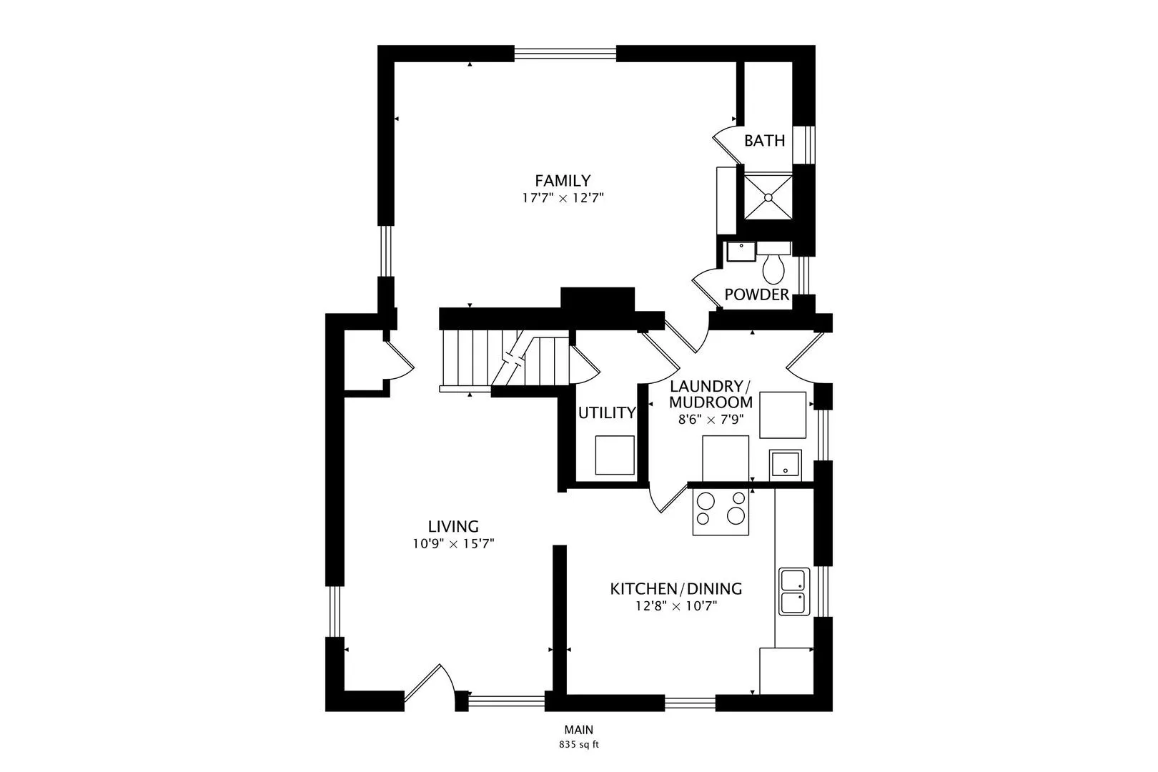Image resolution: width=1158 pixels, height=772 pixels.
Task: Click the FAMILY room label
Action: [x=563, y=181]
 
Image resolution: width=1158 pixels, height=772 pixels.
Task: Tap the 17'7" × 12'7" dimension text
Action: [x=563, y=198]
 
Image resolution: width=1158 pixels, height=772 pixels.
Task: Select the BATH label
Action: [x=764, y=141]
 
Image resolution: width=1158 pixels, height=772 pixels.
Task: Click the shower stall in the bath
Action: [x=768, y=196]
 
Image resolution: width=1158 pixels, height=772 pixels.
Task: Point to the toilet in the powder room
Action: [x=773, y=267]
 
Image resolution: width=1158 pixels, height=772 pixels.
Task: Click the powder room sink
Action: [x=741, y=252]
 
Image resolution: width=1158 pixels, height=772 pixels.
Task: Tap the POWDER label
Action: [x=756, y=295]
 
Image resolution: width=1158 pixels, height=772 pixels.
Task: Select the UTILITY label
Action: [x=607, y=412]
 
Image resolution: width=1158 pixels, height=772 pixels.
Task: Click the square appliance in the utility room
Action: [x=615, y=455]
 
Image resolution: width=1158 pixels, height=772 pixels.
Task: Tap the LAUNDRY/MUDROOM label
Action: [x=711, y=394]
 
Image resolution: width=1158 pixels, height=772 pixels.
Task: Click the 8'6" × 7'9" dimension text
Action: [x=711, y=420]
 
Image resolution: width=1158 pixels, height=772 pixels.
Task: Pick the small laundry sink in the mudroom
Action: [x=785, y=465]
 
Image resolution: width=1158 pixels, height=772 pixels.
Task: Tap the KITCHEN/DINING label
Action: [x=675, y=589]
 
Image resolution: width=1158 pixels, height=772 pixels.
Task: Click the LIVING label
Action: [x=453, y=527]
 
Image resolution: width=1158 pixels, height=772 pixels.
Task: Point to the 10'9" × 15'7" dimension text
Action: [x=453, y=544]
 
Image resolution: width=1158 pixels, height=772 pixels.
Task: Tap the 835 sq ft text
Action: [x=578, y=745]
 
